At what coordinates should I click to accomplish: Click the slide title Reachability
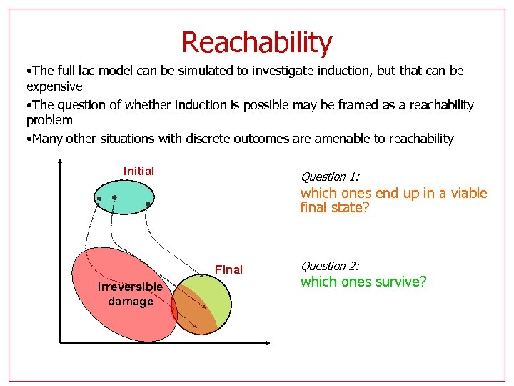(256, 42)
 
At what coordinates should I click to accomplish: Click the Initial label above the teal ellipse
(138, 171)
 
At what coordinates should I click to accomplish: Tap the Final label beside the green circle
(228, 269)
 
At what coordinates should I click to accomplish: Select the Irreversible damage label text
(130, 294)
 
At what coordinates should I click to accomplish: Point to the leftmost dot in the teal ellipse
(100, 197)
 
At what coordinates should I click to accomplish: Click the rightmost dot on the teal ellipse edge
(148, 204)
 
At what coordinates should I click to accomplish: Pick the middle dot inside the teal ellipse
(114, 196)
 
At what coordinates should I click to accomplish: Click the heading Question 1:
(330, 177)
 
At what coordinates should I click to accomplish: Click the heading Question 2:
(330, 266)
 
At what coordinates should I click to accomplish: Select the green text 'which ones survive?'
(363, 282)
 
